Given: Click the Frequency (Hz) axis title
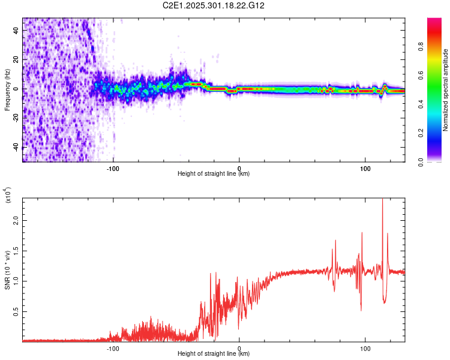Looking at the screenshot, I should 7,89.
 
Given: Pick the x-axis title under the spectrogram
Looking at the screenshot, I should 214,174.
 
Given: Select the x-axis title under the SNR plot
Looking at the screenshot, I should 214,354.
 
